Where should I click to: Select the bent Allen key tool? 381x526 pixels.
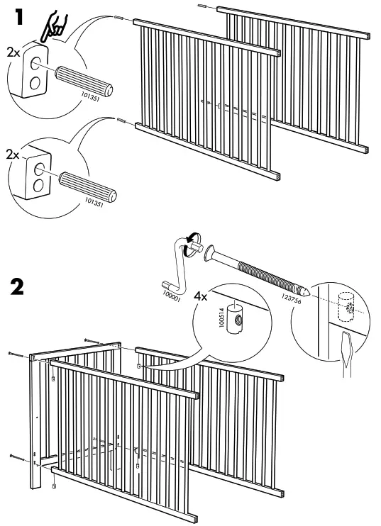pyautogui.click(x=178, y=266)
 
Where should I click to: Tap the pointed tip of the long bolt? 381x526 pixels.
pyautogui.click(x=305, y=291)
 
